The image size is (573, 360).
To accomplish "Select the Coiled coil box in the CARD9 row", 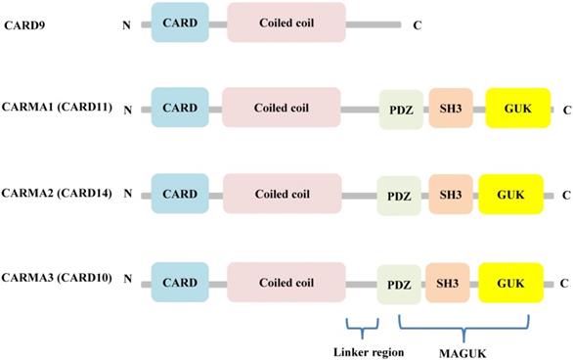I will pyautogui.click(x=286, y=22).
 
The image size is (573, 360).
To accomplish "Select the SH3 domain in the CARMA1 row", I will pyautogui.click(x=452, y=110).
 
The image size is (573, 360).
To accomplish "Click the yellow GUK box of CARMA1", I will pyautogui.click(x=515, y=110).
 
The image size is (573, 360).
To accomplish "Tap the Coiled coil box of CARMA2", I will pyautogui.click(x=282, y=194).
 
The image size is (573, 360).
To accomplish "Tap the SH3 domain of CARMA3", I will pyautogui.click(x=450, y=283).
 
